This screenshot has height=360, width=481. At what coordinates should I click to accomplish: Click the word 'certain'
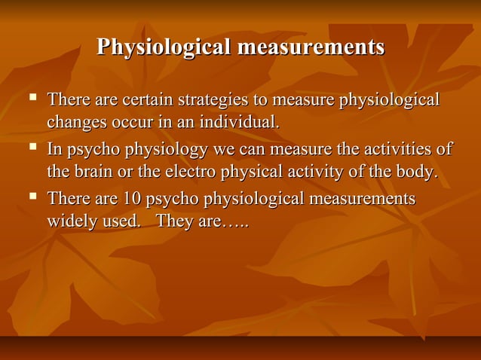pyautogui.click(x=149, y=99)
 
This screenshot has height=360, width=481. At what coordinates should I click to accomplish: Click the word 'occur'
pyautogui.click(x=123, y=121)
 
